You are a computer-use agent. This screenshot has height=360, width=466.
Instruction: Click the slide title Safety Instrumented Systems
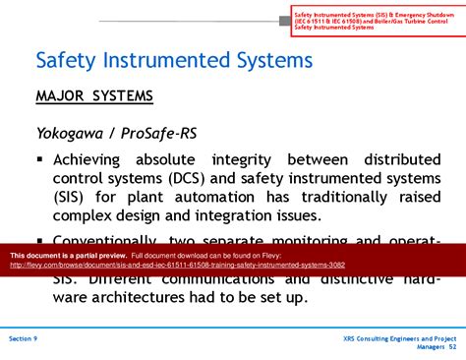[174, 60]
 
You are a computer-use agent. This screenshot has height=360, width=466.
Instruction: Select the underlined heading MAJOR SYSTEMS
[94, 96]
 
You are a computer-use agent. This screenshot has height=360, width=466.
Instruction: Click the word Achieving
[99, 160]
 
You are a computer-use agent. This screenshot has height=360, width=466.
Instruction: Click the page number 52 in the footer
[452, 346]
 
